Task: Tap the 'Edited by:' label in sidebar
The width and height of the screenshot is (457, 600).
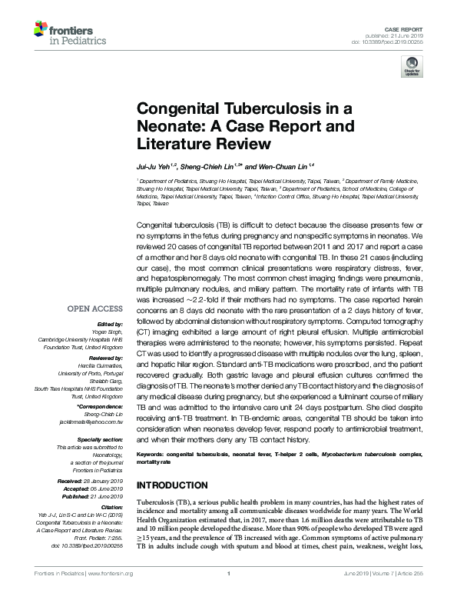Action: (x=110, y=324)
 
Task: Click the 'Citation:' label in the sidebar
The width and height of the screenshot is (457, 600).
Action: (x=111, y=508)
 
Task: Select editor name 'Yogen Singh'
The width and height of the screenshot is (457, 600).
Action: (x=105, y=331)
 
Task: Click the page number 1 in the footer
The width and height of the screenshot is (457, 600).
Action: (x=228, y=594)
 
